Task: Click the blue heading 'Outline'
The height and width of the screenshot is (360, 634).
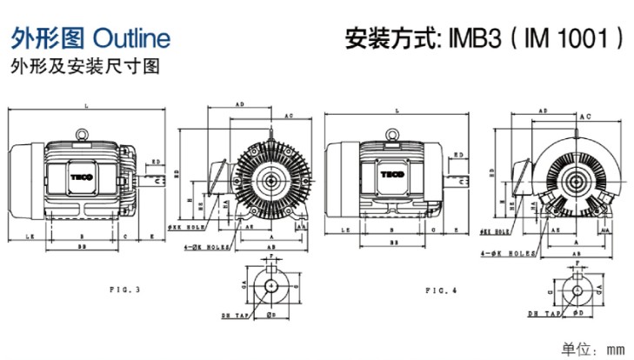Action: tap(130, 37)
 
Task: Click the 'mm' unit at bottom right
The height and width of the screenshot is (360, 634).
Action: tap(615, 349)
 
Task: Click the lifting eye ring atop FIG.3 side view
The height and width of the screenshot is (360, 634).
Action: tap(82, 134)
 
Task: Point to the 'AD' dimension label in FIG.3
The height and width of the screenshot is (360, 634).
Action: tap(240, 104)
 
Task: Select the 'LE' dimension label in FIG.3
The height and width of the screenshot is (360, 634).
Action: tap(30, 236)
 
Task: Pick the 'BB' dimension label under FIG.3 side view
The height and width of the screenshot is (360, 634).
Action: tap(82, 247)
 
